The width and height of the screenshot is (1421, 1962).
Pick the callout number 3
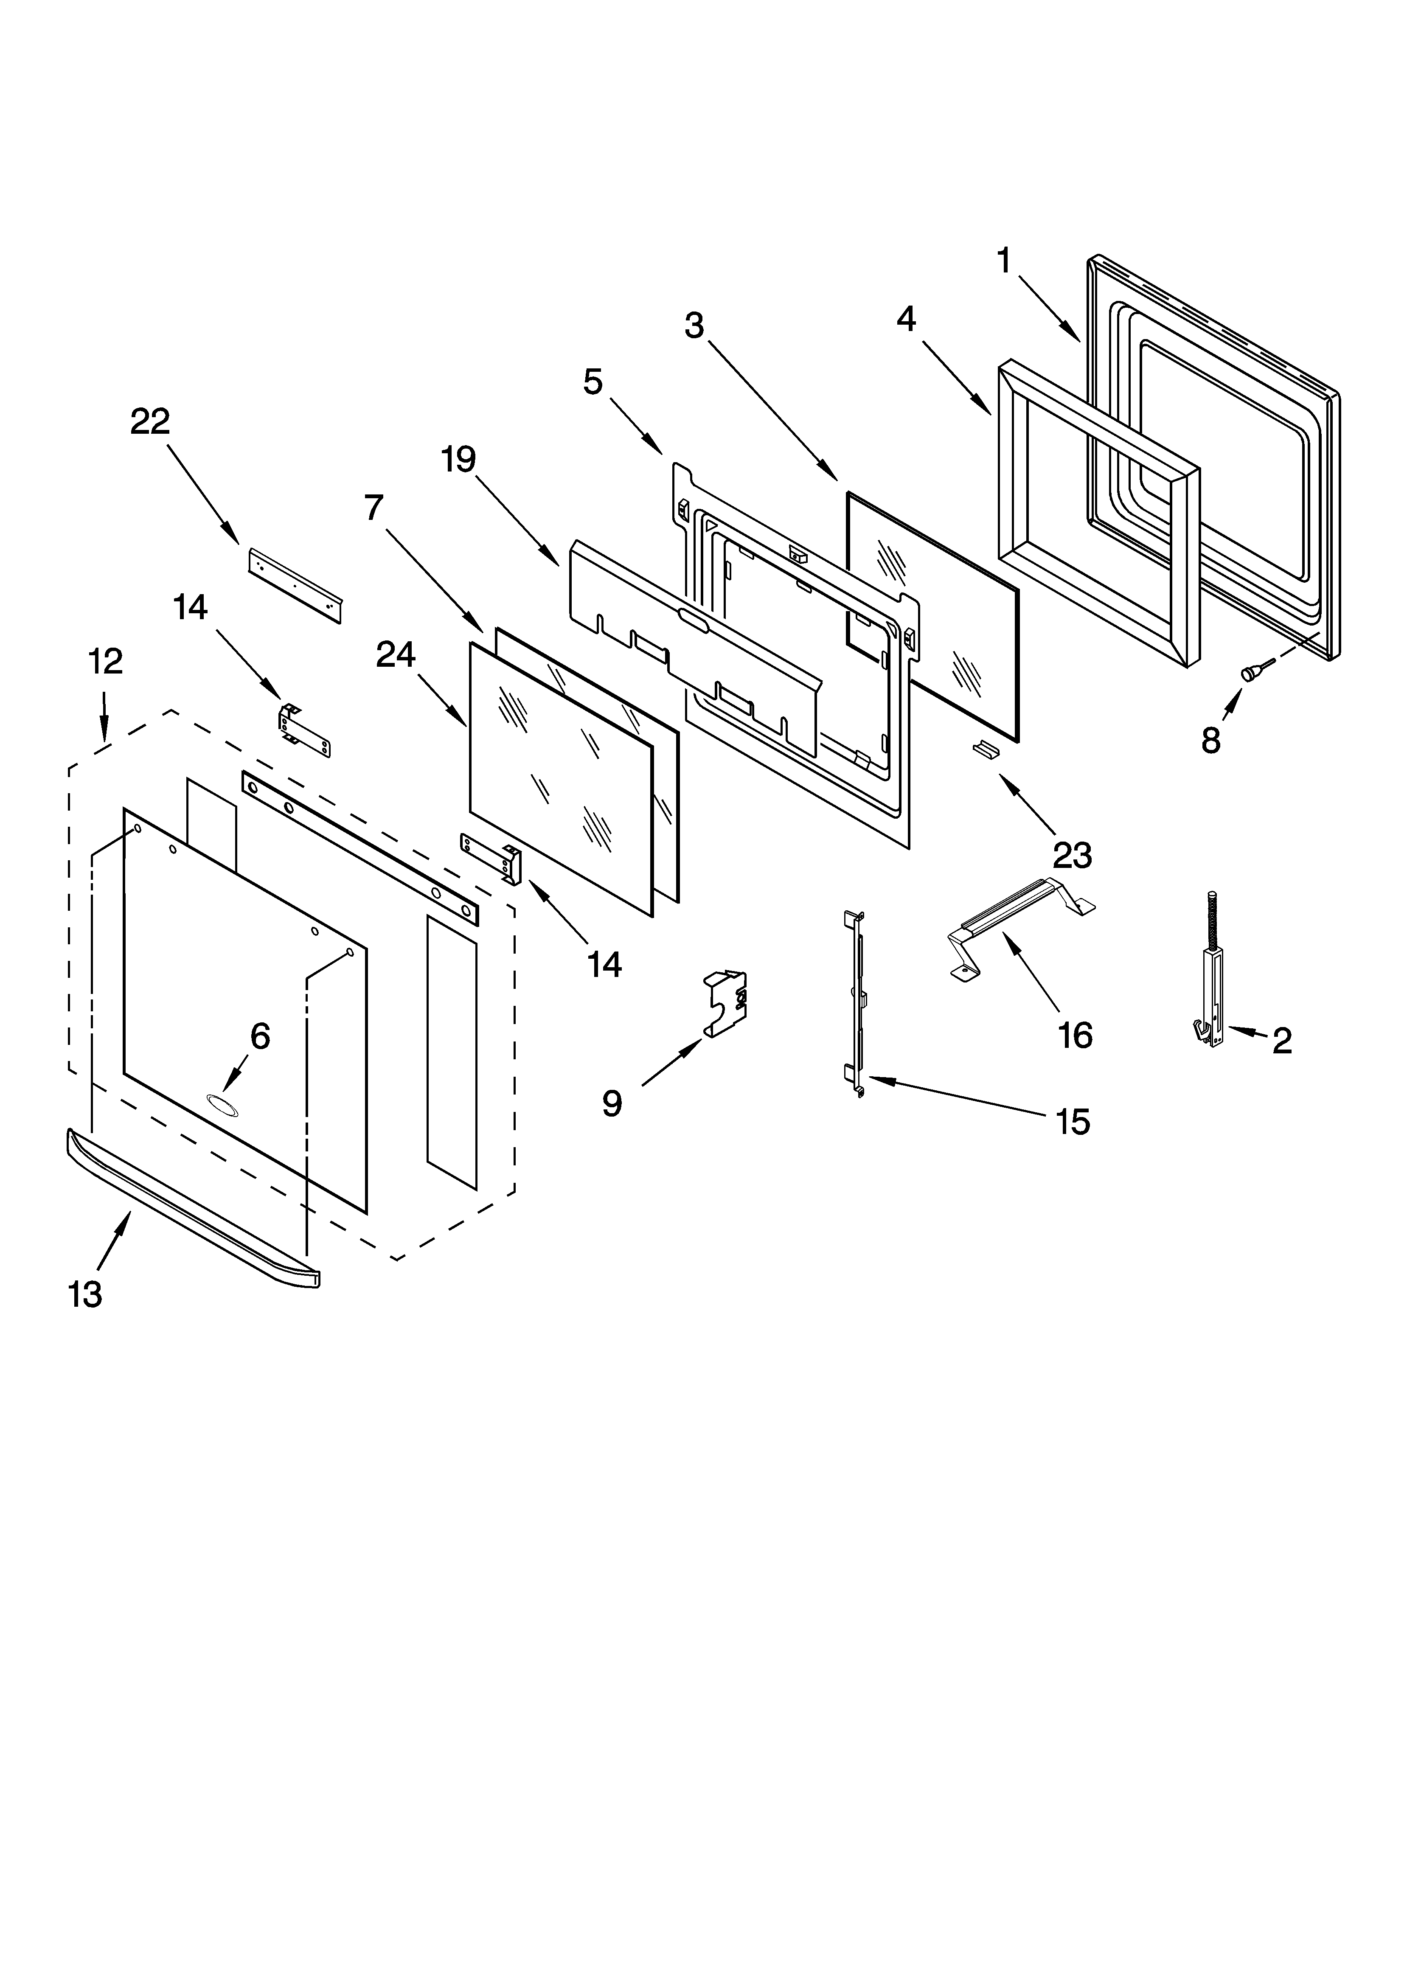tap(694, 326)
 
